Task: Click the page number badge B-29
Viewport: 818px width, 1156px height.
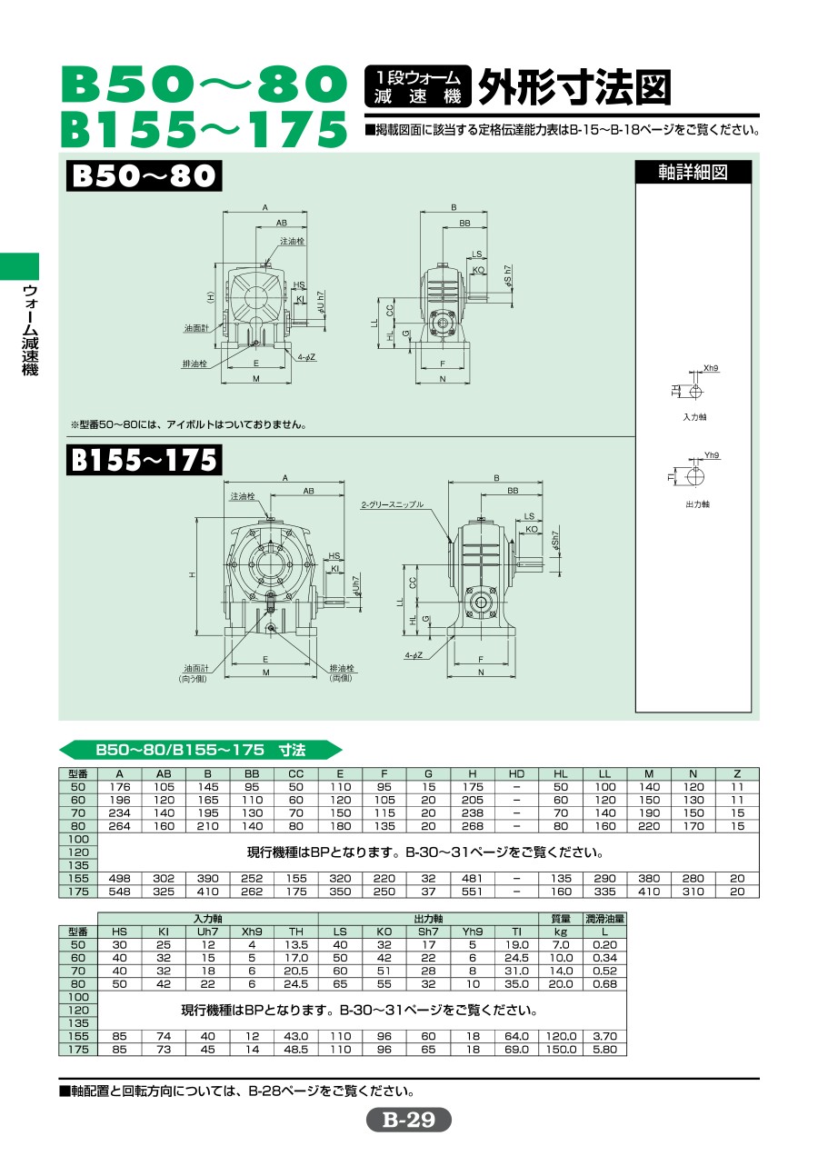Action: pos(409,1120)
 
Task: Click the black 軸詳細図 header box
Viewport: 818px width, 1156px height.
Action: pos(693,172)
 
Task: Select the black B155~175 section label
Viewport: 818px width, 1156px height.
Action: pos(144,459)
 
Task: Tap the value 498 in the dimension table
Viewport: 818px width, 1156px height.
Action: pos(120,878)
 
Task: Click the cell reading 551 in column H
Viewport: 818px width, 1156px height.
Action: pos(473,892)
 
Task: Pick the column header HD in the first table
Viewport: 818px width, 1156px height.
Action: pos(516,773)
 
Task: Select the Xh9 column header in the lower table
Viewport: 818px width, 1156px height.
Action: pos(252,932)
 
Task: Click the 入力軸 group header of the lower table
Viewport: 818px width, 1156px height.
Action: pos(207,919)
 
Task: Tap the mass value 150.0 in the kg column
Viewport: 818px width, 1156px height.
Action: pos(561,1049)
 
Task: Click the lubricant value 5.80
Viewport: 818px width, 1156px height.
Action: pos(604,1049)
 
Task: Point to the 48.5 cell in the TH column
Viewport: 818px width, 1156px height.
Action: pos(295,1049)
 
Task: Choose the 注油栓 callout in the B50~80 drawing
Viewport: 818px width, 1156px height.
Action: pos(292,241)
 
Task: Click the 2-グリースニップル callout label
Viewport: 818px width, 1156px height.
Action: pos(393,504)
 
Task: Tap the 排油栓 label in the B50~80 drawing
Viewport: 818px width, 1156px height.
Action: pos(195,364)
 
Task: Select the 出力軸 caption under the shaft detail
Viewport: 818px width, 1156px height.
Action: pos(697,504)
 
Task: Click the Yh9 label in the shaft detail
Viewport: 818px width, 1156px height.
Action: pos(712,455)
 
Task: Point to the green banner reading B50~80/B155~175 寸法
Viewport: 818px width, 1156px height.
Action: pos(201,750)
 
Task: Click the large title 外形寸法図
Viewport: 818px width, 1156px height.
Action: pos(574,87)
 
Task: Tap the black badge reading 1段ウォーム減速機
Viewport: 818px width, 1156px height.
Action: pos(417,86)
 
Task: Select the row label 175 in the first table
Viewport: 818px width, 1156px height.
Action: pos(78,892)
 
